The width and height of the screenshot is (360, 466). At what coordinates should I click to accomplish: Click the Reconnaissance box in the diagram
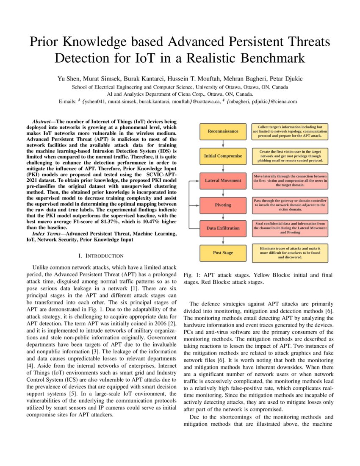click(223, 131)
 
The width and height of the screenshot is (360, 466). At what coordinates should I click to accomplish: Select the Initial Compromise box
click(223, 156)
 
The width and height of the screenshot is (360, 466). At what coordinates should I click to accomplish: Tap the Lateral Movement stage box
click(223, 180)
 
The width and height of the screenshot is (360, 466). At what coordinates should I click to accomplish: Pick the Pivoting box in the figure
click(223, 205)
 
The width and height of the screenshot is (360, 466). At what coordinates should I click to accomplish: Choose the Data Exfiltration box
click(223, 228)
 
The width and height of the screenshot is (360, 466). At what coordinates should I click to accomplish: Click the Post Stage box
click(223, 253)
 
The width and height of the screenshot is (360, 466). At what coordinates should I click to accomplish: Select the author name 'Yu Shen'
click(67, 79)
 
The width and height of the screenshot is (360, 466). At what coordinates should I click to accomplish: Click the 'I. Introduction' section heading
click(101, 256)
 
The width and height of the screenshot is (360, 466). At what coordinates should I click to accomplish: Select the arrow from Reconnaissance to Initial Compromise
click(223, 144)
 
